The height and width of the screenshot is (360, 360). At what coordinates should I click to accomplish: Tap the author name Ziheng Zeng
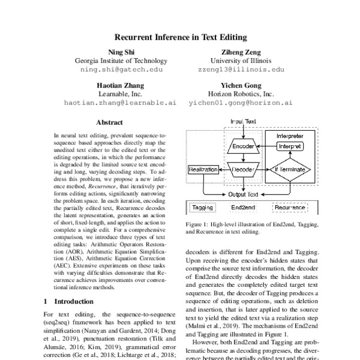click(241, 52)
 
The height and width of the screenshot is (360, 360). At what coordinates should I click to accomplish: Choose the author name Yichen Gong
click(241, 85)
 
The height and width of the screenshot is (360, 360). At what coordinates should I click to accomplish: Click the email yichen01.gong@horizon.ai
click(241, 103)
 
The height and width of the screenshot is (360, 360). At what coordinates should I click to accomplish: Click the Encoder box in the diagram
click(244, 146)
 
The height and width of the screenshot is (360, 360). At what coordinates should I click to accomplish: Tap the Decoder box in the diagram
click(244, 170)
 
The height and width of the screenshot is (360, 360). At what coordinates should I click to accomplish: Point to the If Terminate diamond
click(290, 170)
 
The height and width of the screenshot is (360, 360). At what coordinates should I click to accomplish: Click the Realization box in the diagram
click(203, 170)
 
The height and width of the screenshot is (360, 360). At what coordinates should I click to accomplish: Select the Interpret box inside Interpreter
click(290, 146)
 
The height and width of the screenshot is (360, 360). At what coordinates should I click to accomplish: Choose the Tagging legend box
click(203, 208)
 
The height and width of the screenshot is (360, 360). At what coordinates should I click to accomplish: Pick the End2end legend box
click(244, 208)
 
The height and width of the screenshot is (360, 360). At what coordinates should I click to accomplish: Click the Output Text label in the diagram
click(244, 194)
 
